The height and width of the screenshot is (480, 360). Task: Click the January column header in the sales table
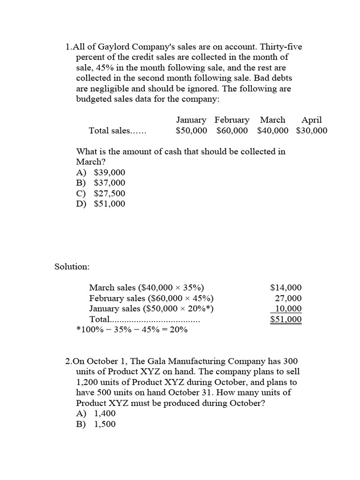point(191,120)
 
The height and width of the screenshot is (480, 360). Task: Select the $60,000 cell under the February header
point(232,131)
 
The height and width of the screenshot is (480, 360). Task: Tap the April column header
point(311,120)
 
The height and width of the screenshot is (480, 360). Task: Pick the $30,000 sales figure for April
point(312,131)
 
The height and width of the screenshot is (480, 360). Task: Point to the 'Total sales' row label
point(117,131)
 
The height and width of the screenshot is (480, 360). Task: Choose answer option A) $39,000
point(101,172)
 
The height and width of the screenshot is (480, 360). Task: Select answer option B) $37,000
point(101,183)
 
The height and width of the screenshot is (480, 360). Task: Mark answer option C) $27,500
point(101,193)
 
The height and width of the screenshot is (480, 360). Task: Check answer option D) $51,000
point(101,203)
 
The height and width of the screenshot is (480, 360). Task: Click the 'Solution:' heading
point(72,266)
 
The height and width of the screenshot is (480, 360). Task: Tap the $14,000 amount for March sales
point(286,288)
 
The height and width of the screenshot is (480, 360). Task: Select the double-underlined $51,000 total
point(286,319)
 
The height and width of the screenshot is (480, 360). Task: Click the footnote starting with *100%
point(132,330)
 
